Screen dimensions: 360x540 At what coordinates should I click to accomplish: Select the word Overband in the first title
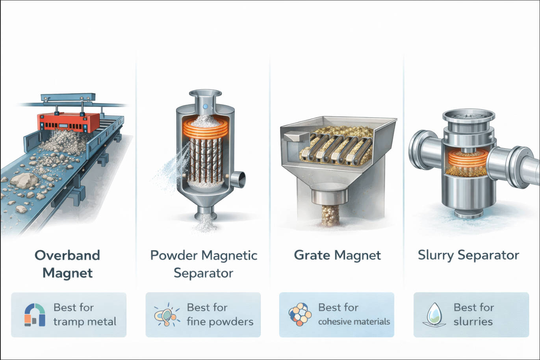(x=67, y=255)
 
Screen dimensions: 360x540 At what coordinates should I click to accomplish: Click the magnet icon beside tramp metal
(x=35, y=315)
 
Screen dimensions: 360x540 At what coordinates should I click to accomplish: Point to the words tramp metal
(x=85, y=322)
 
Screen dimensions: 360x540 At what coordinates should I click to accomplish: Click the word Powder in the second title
(x=174, y=255)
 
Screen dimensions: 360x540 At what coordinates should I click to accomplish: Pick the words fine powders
(x=220, y=322)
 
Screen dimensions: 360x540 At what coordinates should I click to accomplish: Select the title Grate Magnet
(x=337, y=255)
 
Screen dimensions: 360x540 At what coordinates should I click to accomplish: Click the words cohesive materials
(x=354, y=322)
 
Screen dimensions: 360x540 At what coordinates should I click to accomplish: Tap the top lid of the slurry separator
(x=468, y=115)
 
